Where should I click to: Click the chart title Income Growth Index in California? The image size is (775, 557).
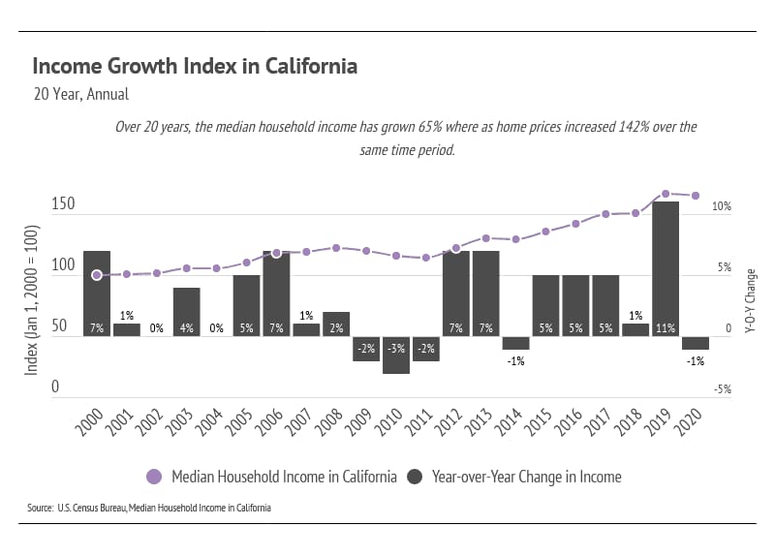pos(195,67)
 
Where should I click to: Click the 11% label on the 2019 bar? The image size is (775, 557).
pos(666,328)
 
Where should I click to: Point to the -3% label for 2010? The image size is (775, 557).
pos(395,348)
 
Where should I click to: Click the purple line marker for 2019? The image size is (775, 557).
pos(666,194)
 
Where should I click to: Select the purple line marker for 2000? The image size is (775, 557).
pos(97,275)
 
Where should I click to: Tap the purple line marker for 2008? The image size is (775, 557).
pos(336,248)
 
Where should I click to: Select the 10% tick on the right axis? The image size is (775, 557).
pos(721,207)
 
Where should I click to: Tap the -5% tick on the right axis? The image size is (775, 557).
pos(721,389)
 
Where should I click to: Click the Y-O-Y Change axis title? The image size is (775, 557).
pos(751,300)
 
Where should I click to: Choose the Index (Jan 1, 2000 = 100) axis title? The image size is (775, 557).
pos(31,300)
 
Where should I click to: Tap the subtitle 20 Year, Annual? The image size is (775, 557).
pos(80,95)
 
